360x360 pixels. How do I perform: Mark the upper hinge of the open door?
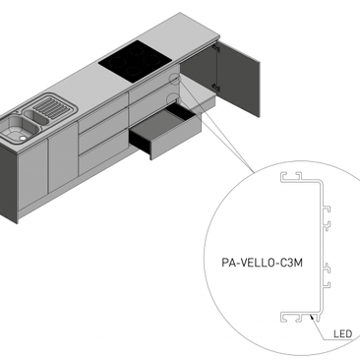[x=213, y=49]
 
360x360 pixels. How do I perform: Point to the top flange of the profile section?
[x=300, y=181]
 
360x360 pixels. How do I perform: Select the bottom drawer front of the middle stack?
[x=101, y=157]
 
